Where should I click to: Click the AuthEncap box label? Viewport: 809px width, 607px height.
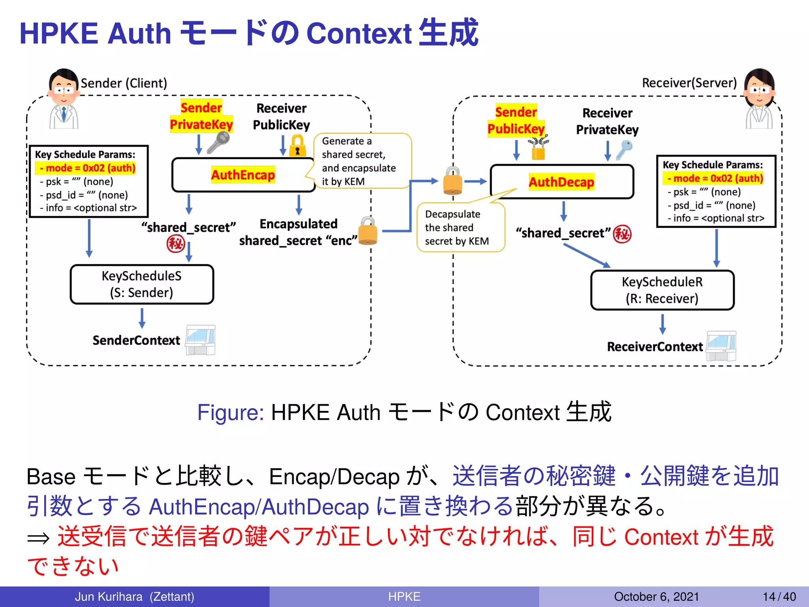243,175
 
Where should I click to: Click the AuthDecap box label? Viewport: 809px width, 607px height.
561,182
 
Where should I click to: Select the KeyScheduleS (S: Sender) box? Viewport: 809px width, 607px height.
142,284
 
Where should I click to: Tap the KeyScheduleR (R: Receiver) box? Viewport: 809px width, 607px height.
662,290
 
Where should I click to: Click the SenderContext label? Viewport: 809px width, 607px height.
136,340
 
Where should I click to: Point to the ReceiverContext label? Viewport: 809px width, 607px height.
655,347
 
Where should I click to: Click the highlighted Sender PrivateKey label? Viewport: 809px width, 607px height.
201,116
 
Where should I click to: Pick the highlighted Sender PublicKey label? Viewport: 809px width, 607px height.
516,121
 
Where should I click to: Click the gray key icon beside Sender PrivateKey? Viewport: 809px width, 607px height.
218,142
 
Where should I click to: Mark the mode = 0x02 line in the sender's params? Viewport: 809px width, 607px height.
86,168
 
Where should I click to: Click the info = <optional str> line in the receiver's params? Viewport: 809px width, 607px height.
715,218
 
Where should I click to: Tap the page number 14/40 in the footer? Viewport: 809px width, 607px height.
779,596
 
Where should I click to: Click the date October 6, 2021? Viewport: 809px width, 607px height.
656,596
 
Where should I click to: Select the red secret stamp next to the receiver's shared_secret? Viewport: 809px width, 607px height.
622,234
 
